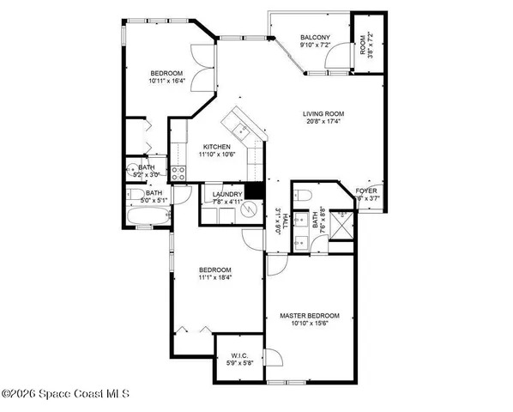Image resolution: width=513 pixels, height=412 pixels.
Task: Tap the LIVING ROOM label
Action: click(x=323, y=113)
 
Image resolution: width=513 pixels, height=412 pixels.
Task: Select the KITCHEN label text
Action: click(x=216, y=147)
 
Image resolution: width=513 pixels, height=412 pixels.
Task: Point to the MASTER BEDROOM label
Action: click(x=310, y=316)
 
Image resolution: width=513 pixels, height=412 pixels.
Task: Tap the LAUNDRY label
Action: click(x=227, y=195)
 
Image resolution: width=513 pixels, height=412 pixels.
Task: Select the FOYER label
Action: click(x=366, y=190)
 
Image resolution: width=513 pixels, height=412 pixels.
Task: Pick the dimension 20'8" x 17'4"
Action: click(x=323, y=122)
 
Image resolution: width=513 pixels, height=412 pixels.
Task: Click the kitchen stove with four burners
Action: click(x=178, y=172)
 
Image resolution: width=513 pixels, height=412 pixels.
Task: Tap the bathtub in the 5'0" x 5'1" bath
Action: click(x=142, y=213)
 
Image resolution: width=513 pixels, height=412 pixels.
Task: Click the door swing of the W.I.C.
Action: click(x=271, y=359)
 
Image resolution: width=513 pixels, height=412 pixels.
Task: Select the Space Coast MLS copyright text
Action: click(x=65, y=394)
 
